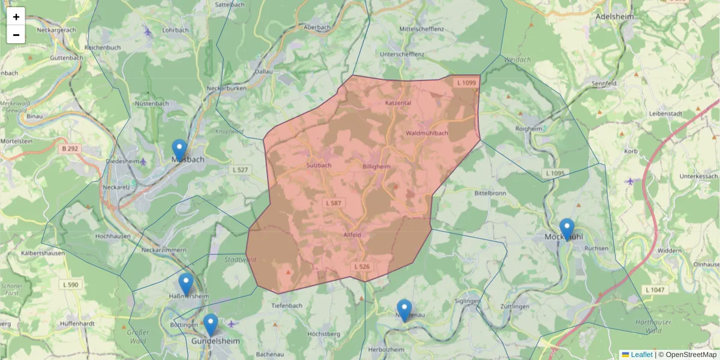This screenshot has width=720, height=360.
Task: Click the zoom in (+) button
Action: pos(16,16)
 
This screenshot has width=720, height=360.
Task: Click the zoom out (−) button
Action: pos(16,35)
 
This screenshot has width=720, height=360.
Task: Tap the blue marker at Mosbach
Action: pos(179,150)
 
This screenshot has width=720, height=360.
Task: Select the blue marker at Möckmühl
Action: pos(566,229)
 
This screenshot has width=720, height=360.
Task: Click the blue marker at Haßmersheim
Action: pos(186,284)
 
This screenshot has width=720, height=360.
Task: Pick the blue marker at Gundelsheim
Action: pos(210,325)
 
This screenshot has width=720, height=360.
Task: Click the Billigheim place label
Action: pos(377,166)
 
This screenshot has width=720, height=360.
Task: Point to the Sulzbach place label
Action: pos(319,165)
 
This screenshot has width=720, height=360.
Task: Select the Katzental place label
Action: pos(398,103)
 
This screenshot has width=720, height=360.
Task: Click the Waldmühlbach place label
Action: pos(427,133)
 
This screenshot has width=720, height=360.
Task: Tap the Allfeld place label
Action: pos(352,235)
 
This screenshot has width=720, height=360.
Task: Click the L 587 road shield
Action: pos(334,203)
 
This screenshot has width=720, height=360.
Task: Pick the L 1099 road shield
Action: pos(466,83)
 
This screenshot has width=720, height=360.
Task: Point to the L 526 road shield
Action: pos(362,266)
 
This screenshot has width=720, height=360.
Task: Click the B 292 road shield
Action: pos(71,148)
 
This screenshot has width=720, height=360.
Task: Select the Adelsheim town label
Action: pos(614,17)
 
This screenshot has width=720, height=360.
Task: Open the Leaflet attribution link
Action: pos(641,355)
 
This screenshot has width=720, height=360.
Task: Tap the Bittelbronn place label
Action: pos(490,194)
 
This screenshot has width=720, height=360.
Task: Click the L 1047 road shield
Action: pos(655,290)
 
